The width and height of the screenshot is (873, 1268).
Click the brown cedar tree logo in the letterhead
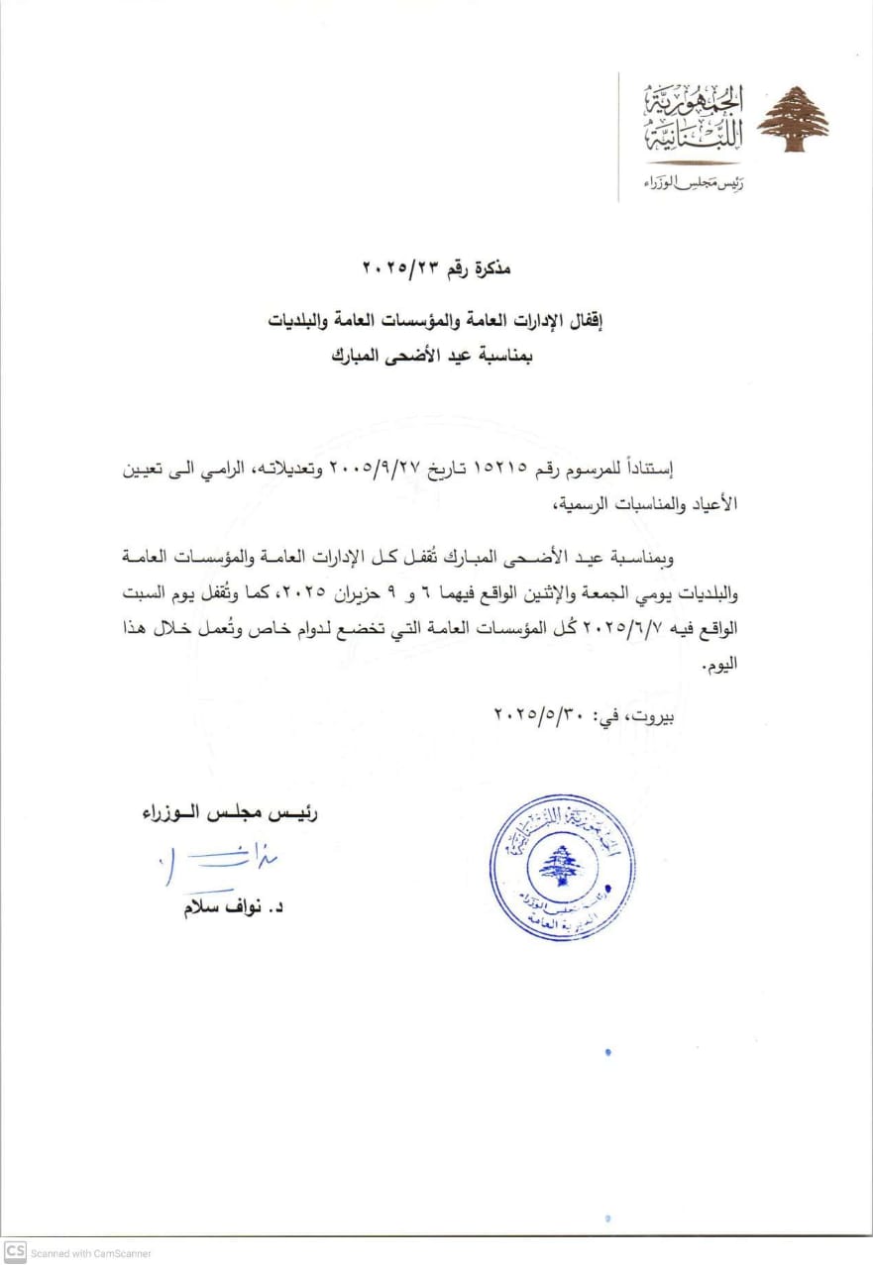pyautogui.click(x=793, y=119)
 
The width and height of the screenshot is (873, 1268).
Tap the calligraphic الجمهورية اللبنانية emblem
pyautogui.click(x=693, y=120)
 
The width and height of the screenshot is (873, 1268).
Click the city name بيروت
pyautogui.click(x=654, y=713)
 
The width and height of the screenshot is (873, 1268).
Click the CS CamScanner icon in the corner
pyautogui.click(x=14, y=1252)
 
